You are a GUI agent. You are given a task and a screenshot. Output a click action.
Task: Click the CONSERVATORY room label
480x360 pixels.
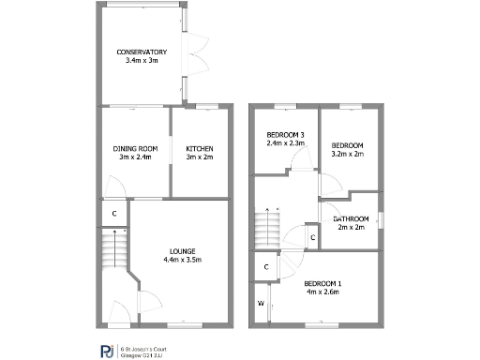coord(142,52)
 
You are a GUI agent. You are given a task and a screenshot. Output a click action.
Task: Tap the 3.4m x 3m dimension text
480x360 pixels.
coord(142,60)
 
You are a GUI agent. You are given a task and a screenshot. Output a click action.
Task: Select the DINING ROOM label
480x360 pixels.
coord(135,148)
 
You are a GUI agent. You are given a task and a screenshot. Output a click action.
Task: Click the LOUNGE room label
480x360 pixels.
coord(182,250)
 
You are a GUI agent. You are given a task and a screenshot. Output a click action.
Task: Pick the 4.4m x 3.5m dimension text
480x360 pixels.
coord(182,259)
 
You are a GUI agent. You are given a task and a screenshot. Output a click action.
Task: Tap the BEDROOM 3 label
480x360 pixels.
coord(285,135)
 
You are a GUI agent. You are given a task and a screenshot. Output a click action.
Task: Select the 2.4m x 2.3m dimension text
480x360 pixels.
coord(285,143)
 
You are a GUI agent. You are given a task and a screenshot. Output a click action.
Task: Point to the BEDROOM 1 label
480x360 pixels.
coord(323,283)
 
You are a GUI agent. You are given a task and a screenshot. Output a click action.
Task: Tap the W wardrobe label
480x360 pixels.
coord(261,304)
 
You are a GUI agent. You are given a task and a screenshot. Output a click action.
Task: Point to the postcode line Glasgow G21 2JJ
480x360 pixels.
coord(142,352)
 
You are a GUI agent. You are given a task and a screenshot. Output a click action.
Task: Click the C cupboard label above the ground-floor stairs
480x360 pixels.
coord(114,214)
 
